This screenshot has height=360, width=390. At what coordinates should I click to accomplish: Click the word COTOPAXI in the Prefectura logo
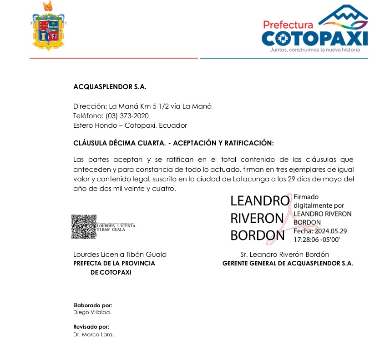[314, 38]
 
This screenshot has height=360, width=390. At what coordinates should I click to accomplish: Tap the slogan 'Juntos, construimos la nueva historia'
[314, 50]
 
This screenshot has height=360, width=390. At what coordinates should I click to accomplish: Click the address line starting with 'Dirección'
[142, 106]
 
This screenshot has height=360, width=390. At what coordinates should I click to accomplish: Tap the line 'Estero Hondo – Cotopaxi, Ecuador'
[130, 125]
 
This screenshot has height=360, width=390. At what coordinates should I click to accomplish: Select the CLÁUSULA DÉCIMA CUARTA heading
[173, 143]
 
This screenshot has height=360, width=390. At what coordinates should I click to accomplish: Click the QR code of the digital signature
[84, 226]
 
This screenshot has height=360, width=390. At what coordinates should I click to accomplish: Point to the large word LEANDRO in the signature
[259, 201]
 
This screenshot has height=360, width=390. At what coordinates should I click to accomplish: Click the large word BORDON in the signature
[258, 235]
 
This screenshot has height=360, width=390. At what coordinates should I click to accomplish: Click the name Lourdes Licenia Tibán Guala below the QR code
[120, 255]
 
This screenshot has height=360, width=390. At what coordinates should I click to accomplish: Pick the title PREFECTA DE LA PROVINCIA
[114, 263]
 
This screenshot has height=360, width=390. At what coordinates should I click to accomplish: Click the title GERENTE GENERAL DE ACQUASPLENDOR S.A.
[288, 263]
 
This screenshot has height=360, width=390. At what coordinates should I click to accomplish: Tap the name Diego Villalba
[92, 312]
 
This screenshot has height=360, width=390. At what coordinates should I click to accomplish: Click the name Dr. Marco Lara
[93, 335]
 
